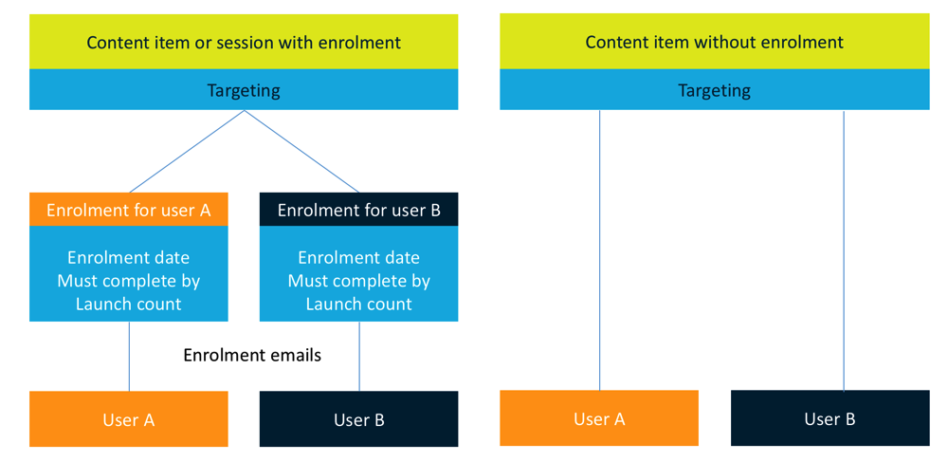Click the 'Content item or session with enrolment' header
244,42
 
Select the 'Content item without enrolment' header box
715,42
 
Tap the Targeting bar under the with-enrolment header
244,89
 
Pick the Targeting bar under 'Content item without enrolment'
715,89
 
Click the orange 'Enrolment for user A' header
129,210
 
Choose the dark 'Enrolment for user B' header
359,210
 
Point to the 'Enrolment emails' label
252,355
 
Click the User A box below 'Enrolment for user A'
129,419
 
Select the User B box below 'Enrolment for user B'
359,419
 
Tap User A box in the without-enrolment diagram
599,417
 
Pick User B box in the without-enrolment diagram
830,417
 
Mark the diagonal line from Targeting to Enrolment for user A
186,151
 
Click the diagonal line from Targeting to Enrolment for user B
301,151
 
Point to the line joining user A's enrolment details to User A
129,356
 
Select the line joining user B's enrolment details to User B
359,356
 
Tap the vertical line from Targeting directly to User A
599,250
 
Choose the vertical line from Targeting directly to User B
844,250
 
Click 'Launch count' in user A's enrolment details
129,304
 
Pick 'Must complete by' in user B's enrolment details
359,281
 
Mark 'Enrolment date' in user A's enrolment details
129,258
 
